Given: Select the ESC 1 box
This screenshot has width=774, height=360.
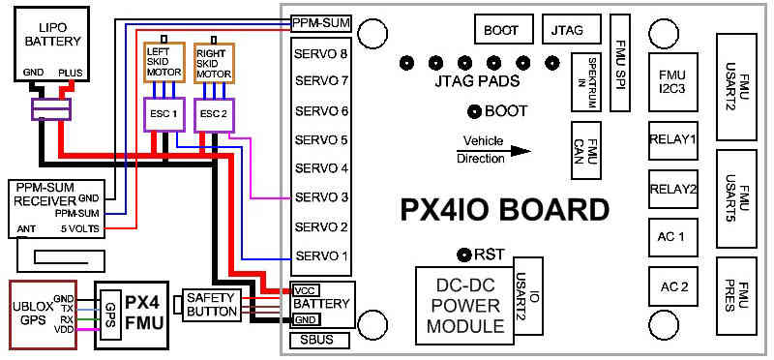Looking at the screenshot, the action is click(164, 114).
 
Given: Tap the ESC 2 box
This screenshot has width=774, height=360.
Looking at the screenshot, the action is click(214, 114).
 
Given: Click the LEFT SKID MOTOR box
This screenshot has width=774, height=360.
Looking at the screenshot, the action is click(164, 62).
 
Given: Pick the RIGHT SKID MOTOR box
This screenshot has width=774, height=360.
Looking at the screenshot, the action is click(214, 62).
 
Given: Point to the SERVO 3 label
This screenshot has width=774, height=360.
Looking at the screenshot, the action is click(321, 197).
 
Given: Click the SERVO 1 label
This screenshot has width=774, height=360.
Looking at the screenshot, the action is click(321, 256).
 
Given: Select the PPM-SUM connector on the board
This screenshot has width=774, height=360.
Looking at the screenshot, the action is click(321, 22).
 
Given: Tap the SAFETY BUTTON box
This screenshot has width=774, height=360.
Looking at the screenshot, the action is click(210, 305).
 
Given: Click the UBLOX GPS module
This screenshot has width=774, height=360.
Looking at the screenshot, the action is click(44, 315).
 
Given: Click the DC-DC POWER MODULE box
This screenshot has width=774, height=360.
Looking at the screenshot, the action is click(464, 306).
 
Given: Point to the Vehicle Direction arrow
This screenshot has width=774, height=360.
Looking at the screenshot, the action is click(493, 151).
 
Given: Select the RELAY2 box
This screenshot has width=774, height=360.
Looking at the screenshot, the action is click(672, 189).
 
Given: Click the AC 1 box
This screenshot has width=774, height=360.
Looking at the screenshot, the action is click(672, 237).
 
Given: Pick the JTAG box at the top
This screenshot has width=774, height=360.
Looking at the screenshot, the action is click(572, 29).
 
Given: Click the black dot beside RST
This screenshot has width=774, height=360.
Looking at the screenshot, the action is click(464, 255).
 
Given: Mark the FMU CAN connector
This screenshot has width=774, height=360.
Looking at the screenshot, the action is click(586, 150).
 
